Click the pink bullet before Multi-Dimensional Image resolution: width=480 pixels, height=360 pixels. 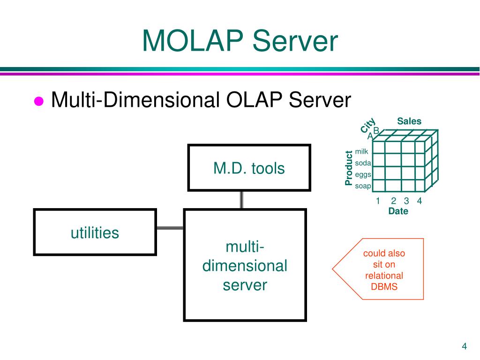(39, 101)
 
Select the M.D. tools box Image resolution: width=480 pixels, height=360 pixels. (249, 168)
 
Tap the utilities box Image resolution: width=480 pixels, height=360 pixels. (95, 232)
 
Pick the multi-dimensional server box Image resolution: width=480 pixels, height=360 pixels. (245, 265)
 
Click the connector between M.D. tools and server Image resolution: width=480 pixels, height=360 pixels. (242, 200)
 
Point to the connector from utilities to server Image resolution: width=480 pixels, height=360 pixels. (170, 228)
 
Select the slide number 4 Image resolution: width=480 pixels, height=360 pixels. (464, 346)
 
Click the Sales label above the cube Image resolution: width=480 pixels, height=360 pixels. (409, 121)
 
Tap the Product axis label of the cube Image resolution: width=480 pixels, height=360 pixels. (348, 168)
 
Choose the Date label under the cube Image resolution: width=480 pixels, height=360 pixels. (398, 211)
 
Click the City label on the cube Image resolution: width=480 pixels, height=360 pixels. (368, 126)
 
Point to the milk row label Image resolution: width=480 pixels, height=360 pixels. (362, 151)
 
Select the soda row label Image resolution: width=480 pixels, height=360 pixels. (363, 163)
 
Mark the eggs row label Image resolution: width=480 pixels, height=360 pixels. (363, 175)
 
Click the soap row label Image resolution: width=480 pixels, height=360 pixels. (363, 186)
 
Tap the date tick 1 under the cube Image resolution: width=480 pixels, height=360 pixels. (378, 201)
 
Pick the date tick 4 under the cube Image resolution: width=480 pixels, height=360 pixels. (419, 201)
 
